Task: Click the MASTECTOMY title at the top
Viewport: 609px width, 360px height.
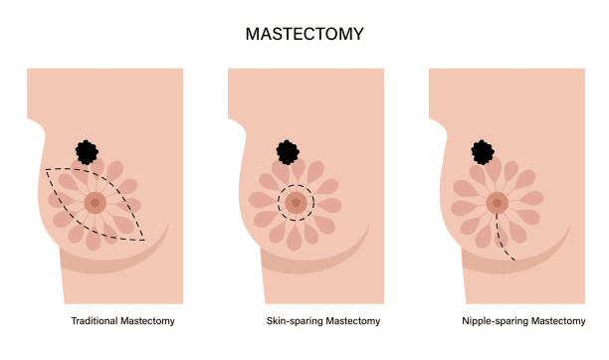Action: pyautogui.click(x=304, y=34)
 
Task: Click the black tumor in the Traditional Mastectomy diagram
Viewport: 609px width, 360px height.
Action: pyautogui.click(x=88, y=152)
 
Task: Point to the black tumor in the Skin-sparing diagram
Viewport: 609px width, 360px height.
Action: pyautogui.click(x=288, y=152)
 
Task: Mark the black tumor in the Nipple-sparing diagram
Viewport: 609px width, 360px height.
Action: pyautogui.click(x=483, y=152)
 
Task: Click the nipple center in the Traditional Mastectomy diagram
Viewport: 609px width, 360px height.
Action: pyautogui.click(x=96, y=203)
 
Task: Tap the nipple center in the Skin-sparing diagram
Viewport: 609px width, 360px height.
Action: pyautogui.click(x=296, y=203)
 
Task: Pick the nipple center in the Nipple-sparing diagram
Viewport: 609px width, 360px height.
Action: pyautogui.click(x=496, y=203)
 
